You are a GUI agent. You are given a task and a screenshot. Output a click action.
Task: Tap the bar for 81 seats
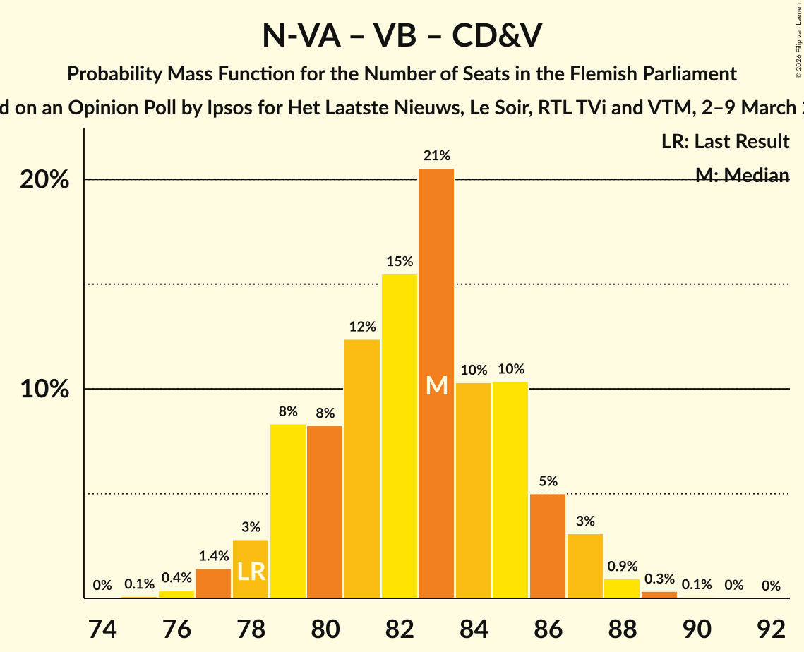(362, 469)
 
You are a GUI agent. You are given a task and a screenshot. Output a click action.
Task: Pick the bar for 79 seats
(288, 511)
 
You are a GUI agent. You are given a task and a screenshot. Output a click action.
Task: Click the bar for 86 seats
(548, 546)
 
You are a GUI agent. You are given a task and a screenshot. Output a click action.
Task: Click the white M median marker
(437, 386)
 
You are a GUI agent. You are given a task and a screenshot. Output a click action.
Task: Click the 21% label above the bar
(436, 156)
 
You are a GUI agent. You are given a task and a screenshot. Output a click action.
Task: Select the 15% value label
(400, 262)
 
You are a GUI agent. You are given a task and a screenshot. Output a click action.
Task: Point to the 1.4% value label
(213, 557)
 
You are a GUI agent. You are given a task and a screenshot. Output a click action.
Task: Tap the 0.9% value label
(622, 567)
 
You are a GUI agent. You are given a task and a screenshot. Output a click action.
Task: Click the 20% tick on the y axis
(44, 180)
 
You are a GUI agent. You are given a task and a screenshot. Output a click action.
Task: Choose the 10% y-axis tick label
(44, 390)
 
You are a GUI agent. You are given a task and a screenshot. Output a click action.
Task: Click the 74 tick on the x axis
(102, 627)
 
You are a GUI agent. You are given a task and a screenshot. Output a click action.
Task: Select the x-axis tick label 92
(771, 627)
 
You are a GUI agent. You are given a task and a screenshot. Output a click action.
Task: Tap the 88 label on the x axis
(622, 627)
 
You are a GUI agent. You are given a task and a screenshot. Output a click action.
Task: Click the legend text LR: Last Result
(725, 142)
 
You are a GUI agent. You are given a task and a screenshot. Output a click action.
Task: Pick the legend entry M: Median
(742, 176)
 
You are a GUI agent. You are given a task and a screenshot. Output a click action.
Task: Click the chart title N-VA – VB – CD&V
(402, 35)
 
